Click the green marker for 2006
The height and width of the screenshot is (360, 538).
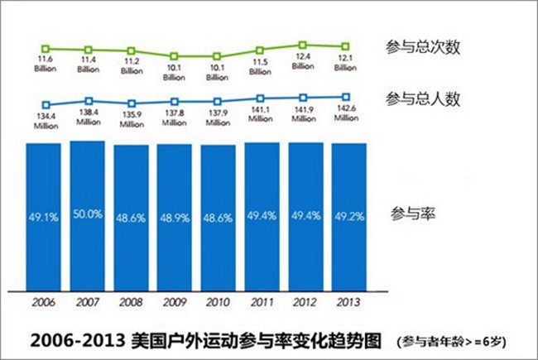[x=46, y=47]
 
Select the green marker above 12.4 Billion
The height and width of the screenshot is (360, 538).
[x=303, y=44]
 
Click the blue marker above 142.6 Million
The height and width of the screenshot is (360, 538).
[x=346, y=97]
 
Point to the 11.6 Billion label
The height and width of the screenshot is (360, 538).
[x=46, y=65]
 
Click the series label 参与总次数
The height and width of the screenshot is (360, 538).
[x=422, y=47]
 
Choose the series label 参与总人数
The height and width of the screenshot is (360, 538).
[x=422, y=99]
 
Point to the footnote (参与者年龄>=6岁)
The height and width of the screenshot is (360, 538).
[x=449, y=340]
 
